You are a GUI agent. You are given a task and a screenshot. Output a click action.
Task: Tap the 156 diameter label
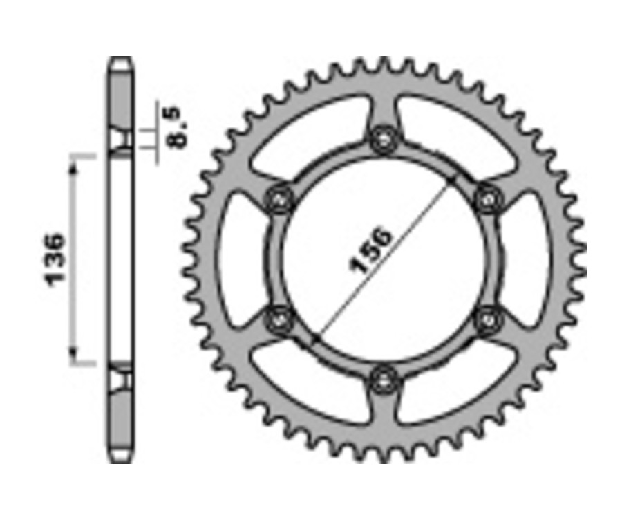click(x=371, y=250)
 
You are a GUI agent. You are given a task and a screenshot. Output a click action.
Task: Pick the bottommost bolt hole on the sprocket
click(x=382, y=378)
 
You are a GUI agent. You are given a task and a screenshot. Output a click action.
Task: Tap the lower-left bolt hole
click(x=279, y=318)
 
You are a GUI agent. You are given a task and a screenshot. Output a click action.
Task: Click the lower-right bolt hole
click(x=489, y=318)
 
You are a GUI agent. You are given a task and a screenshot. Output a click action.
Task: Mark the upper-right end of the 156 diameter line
click(x=453, y=179)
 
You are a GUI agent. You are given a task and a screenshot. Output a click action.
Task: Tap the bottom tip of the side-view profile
click(x=120, y=460)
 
